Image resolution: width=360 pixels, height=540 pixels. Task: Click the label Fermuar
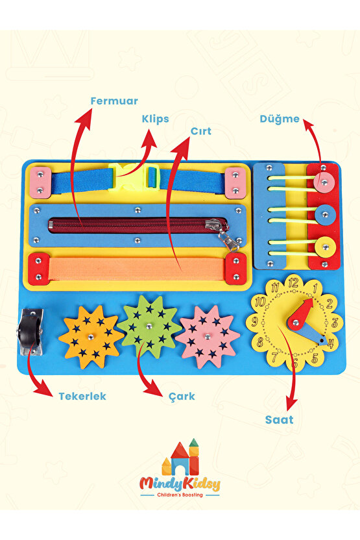[114, 101]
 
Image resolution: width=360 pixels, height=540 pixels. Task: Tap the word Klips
[155, 119]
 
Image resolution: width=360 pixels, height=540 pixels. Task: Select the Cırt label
[201, 131]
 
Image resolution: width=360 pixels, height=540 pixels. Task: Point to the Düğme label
[280, 119]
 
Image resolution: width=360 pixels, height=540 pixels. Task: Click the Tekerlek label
[82, 396]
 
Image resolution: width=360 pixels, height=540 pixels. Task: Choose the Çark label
[182, 397]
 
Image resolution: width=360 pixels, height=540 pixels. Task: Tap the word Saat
[279, 420]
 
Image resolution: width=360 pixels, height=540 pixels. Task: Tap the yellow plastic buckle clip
[134, 177]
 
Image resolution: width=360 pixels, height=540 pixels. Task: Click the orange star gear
[91, 337]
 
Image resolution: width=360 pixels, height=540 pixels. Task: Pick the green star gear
[149, 326]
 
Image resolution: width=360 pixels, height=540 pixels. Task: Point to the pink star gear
[207, 336]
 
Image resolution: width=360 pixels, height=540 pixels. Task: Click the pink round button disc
[324, 181]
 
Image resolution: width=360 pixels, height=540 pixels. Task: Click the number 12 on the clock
[293, 283]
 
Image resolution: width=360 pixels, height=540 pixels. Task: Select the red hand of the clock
[302, 314]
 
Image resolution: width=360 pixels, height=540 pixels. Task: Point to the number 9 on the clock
[255, 322]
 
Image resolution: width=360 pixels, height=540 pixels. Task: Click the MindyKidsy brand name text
[180, 485]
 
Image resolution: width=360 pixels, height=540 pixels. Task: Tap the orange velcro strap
[138, 269]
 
